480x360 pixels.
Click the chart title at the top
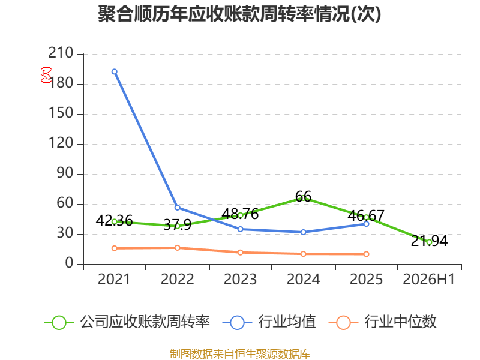point(239,14)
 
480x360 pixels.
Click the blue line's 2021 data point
point(115,71)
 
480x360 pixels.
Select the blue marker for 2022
point(177,208)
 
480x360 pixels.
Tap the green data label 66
point(303,197)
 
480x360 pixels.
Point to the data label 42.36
point(114,220)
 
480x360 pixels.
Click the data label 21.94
point(429,241)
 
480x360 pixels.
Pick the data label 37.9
point(178,224)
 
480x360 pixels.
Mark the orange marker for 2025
point(366,254)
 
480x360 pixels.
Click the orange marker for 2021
point(115,248)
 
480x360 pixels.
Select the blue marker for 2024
point(304,232)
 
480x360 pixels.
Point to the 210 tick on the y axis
point(61,53)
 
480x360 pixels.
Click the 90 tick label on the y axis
point(65,173)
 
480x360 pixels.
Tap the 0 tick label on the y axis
point(69,263)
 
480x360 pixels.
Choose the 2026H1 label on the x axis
point(429,279)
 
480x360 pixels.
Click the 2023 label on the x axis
point(241,279)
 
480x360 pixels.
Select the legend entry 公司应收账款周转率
point(127,322)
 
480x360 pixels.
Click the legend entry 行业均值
point(269,322)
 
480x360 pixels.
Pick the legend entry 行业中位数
point(383,322)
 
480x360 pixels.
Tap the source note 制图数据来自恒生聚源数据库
point(240,354)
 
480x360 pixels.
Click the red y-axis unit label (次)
point(46,75)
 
